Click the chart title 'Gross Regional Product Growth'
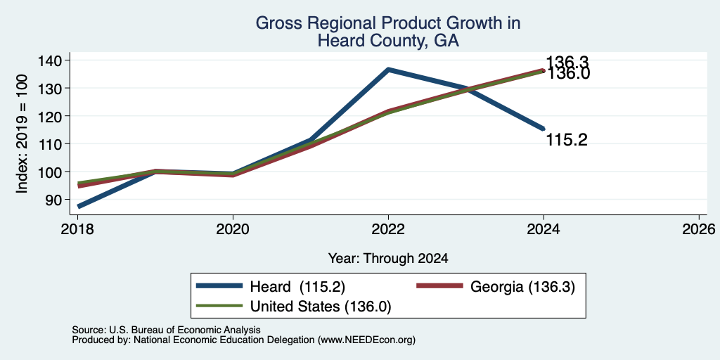point(388,23)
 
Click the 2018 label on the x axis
point(77,229)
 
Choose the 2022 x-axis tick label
point(388,229)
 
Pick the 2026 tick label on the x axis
point(700,229)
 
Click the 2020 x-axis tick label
point(233,229)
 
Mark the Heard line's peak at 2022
point(388,70)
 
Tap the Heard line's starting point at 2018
point(79,207)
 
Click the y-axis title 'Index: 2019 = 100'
point(22,134)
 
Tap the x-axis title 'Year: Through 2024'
point(388,259)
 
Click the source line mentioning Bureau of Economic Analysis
point(166,330)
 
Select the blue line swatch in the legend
point(219,287)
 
